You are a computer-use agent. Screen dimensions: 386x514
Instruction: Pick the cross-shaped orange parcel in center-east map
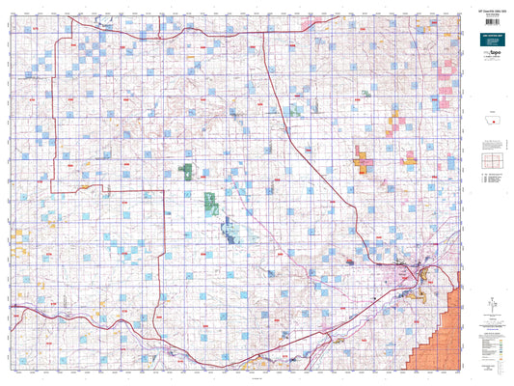coord(365,160)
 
